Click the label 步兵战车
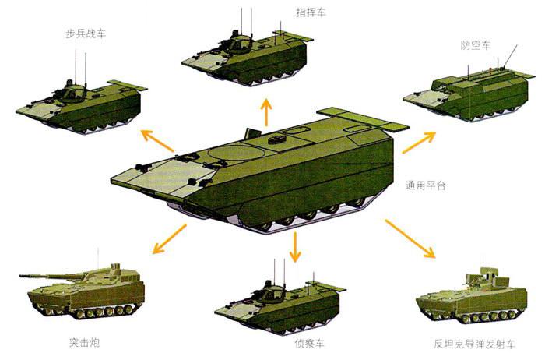click(86, 34)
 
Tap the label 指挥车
click(311, 13)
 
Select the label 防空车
click(476, 45)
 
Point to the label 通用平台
click(425, 185)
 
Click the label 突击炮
click(84, 343)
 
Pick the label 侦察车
click(310, 344)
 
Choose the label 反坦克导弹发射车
click(474, 344)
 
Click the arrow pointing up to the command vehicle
click(266, 112)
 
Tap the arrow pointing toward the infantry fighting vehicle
click(158, 141)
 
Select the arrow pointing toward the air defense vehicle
click(419, 143)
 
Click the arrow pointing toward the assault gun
click(170, 239)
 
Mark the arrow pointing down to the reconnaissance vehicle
click(295, 246)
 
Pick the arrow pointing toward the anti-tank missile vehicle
click(410, 238)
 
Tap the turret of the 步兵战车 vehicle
click(72, 92)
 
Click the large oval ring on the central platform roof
click(234, 153)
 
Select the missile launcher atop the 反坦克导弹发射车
click(483, 275)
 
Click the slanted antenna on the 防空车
click(510, 56)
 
